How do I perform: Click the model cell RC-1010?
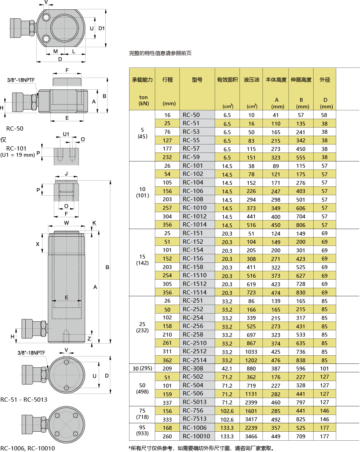tap(195, 208)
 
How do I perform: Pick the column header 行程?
tap(168, 80)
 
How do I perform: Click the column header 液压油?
tap(251, 80)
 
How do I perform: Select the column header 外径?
tap(325, 80)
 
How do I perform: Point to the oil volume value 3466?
tap(251, 436)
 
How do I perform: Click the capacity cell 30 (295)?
tap(142, 368)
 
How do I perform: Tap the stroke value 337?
tap(168, 402)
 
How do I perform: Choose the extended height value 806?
tap(301, 225)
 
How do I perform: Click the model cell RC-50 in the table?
tap(191, 115)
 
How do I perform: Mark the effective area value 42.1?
tap(227, 369)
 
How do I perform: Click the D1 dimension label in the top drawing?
tap(101, 28)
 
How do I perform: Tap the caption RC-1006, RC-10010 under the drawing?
tap(28, 448)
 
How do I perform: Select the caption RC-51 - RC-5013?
tap(24, 399)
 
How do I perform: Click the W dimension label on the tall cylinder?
tap(67, 223)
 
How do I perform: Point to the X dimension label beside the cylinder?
tap(37, 244)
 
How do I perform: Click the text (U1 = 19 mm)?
tap(18, 155)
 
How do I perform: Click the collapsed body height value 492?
tap(276, 419)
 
